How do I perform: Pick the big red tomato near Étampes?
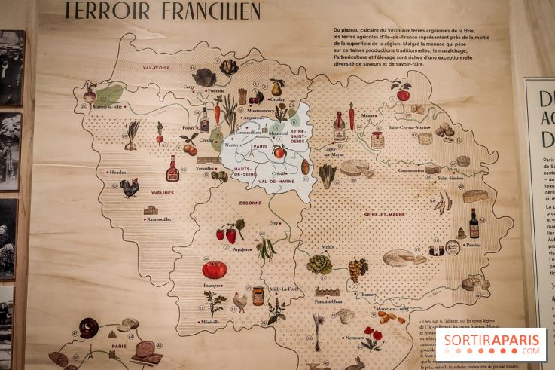pos(214,269)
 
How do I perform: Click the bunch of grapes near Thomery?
pos(357,269)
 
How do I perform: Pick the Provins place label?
pos(472,244)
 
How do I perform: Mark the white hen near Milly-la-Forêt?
pos(239,301)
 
